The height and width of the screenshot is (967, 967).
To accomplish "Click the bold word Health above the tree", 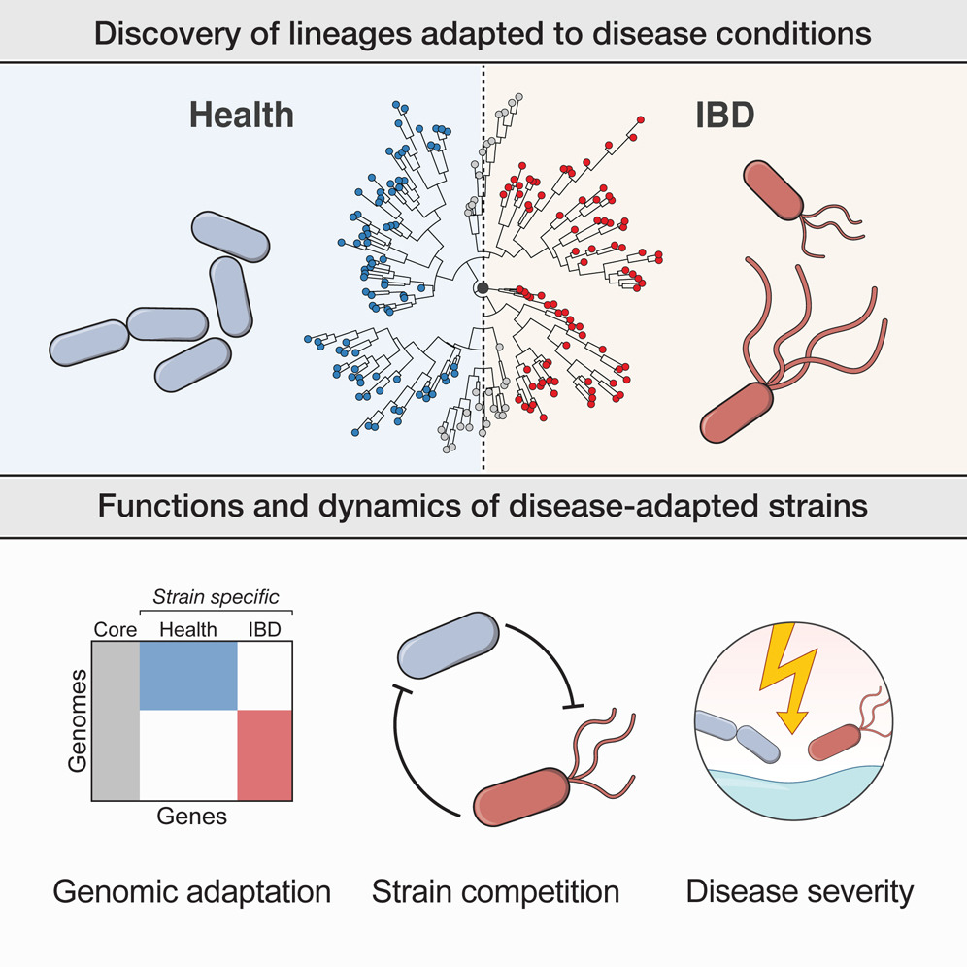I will (x=241, y=115).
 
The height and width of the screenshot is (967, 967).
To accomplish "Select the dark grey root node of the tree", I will (x=483, y=289).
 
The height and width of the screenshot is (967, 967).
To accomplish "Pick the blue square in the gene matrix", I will (x=188, y=676).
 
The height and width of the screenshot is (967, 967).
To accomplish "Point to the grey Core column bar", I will (x=116, y=719).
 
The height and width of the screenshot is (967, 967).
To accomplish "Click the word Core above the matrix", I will (x=116, y=629).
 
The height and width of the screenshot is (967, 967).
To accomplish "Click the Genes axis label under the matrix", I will (x=191, y=817).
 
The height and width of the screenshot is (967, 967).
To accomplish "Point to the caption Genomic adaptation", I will (x=192, y=890).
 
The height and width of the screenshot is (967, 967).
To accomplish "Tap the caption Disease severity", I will (x=800, y=890).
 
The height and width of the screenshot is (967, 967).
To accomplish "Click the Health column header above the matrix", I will (x=188, y=629).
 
